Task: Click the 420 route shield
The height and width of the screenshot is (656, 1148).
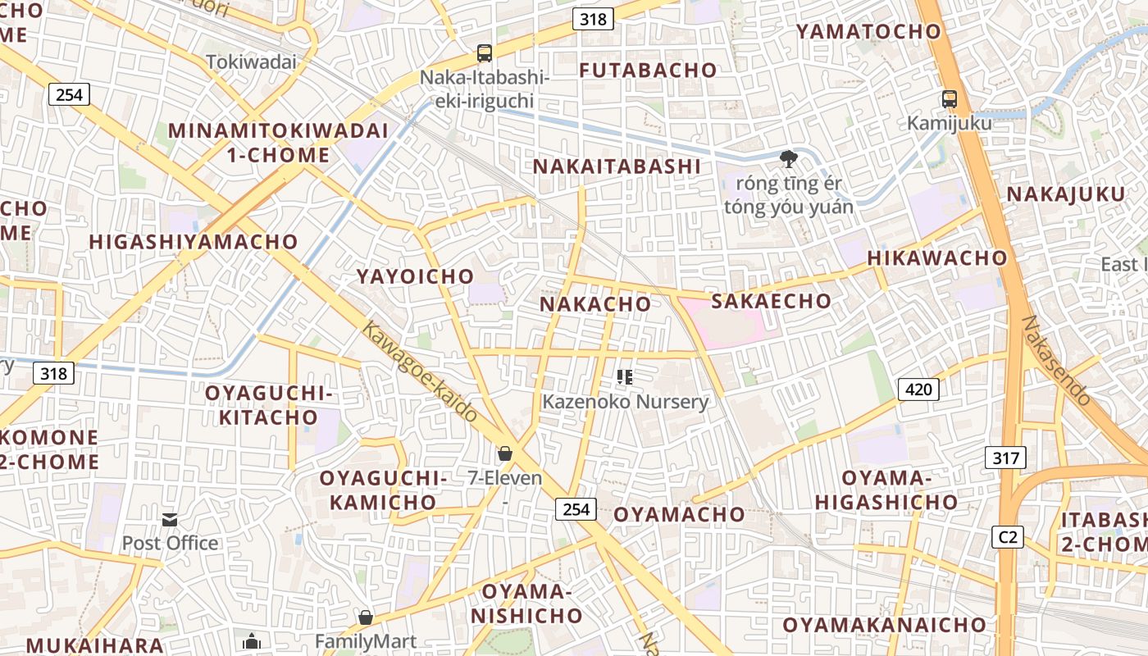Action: coord(918,389)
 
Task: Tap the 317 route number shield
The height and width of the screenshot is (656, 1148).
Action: coord(1005,458)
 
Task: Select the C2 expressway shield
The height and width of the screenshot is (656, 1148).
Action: coord(1008,537)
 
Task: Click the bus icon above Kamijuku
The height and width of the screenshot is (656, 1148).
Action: coord(950,99)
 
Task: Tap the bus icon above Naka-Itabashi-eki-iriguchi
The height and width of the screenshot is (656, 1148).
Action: coord(485,53)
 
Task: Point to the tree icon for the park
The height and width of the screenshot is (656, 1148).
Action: coord(789,159)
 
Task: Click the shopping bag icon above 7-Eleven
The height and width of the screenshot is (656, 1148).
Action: coord(505,453)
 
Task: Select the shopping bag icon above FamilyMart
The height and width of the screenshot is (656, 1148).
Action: coord(366,617)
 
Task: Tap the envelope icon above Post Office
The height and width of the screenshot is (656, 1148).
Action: coord(170,519)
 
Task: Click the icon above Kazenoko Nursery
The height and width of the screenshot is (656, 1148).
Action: coord(625,377)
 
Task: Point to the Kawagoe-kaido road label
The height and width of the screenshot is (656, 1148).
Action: coord(420,371)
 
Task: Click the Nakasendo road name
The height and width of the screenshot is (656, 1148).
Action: coord(1057,361)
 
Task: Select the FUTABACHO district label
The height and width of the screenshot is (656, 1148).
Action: coord(648,71)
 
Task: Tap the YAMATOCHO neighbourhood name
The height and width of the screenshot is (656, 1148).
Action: coord(868,32)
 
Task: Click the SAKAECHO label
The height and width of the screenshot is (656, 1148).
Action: coord(771,301)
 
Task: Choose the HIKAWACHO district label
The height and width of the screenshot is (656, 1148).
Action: coord(937,257)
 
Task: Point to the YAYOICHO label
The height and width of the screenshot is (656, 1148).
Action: coord(415,276)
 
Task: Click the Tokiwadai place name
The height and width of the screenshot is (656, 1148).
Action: coord(251,61)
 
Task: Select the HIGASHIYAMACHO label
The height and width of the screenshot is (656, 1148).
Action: coord(193,242)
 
